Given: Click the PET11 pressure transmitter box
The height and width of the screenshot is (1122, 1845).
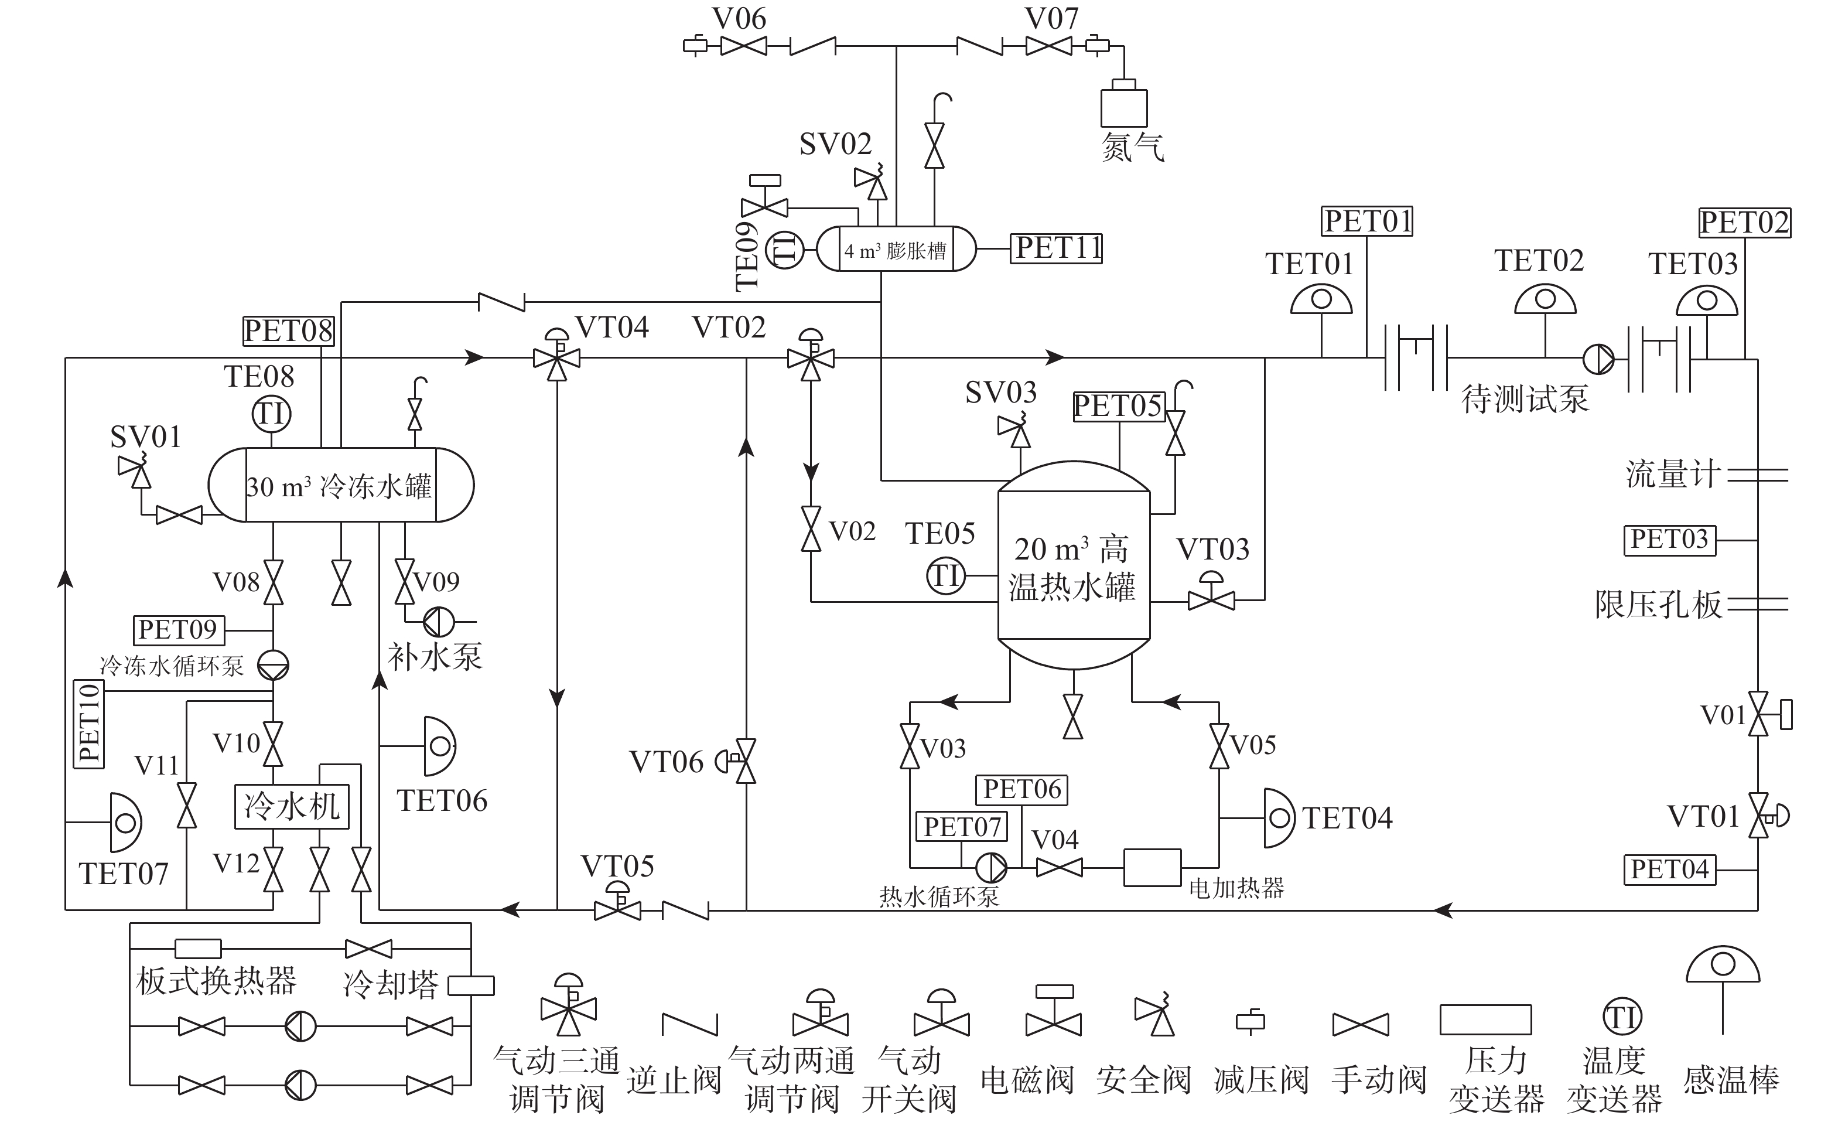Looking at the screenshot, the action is pos(1057,248).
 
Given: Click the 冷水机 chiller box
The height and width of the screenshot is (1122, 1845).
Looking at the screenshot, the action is pos(292,807).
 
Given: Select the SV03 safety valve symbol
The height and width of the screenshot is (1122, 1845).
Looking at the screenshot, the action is pos(1016,431).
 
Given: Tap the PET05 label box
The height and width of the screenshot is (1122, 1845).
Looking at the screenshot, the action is pos(1119,407).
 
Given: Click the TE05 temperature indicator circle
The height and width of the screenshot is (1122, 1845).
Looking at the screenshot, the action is pos(945,576).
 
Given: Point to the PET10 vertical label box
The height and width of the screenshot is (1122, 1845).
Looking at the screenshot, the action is pos(89,724).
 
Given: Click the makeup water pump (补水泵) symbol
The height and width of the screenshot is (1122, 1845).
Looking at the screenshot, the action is pos(439,622).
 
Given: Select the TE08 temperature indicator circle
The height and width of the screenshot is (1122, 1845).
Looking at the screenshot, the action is pos(271,414).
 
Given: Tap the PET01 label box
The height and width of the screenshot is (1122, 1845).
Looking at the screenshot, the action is pos(1366,221).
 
